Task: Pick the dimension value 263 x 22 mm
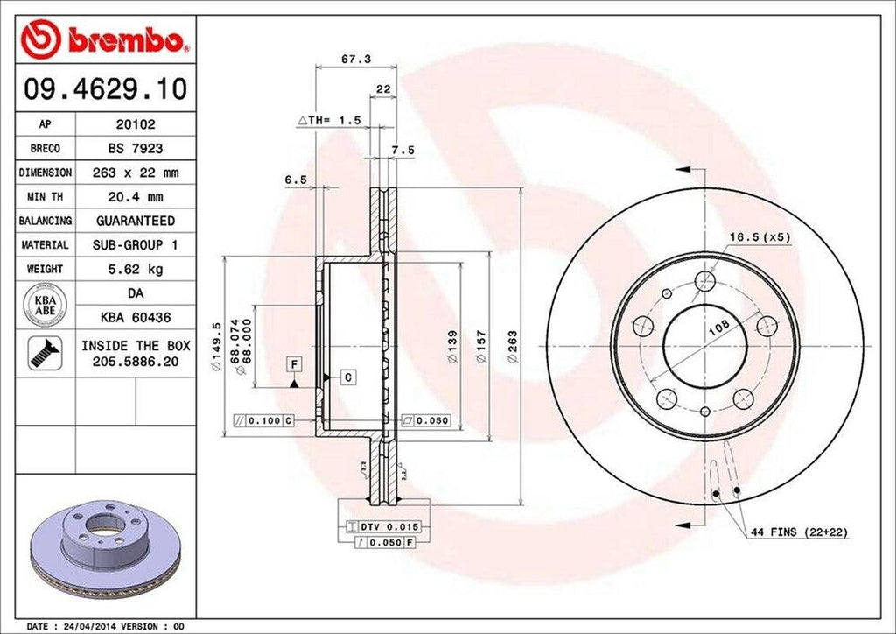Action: pos(135,173)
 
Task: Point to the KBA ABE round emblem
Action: pos(44,304)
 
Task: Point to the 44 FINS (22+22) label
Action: pos(798,532)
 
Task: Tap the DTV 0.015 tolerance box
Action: pos(388,526)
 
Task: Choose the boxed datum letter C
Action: pos(347,377)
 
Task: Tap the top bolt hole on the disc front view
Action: pos(705,280)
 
